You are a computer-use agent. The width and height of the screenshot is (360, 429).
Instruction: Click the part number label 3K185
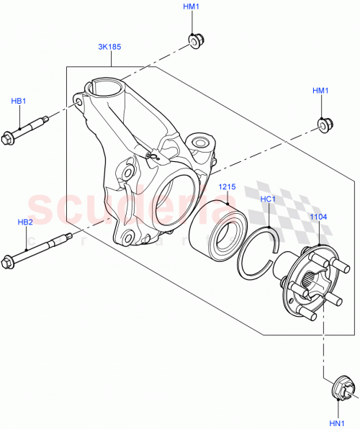click(109, 48)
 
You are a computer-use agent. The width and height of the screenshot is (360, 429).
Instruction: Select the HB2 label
click(24, 222)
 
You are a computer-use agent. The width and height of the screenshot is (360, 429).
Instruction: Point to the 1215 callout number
click(228, 187)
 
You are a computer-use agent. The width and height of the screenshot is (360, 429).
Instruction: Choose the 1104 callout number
click(318, 216)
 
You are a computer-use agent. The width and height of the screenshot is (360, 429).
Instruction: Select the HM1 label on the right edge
click(320, 91)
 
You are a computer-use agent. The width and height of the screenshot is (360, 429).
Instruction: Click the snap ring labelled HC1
click(258, 253)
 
